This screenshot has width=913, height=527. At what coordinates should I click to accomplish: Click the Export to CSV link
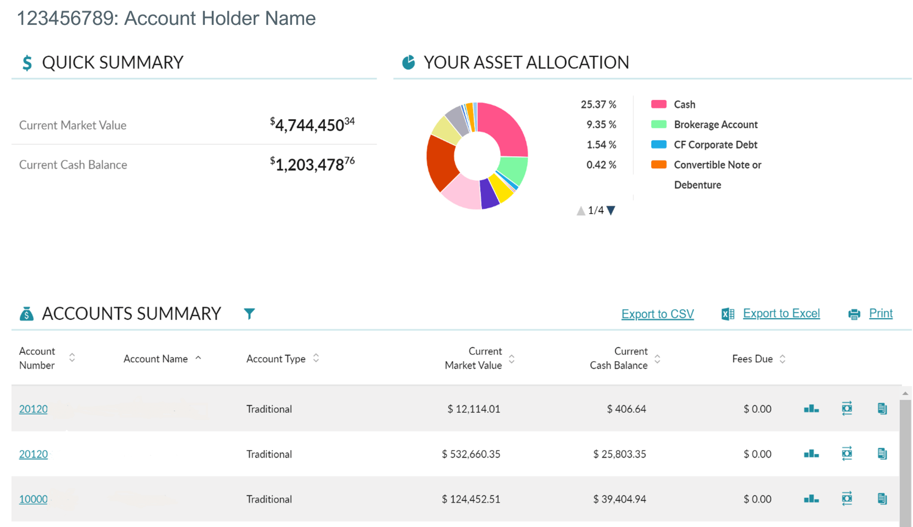point(657,314)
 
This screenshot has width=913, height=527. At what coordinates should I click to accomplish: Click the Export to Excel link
point(781,313)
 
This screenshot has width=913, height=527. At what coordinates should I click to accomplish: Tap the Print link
point(880,313)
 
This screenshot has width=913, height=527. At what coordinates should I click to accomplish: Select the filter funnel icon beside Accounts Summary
point(249,314)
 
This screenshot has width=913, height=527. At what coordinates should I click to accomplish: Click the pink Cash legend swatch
point(659,104)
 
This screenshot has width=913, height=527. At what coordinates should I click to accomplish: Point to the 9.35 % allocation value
point(601,125)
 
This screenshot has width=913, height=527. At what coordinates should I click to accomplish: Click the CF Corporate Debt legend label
point(715,145)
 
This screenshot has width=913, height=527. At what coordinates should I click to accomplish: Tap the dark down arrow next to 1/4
point(611,210)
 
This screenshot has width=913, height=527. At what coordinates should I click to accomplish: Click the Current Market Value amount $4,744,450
point(312,125)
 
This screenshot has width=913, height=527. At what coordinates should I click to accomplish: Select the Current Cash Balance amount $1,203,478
point(312,164)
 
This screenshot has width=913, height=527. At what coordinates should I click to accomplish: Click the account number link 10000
point(33,499)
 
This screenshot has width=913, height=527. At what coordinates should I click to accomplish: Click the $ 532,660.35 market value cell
point(471,454)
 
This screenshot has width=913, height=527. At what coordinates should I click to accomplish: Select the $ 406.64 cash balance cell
point(626,409)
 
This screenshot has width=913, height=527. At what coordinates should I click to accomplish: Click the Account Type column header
point(276,359)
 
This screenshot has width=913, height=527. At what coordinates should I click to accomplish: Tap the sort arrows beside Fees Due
point(782,359)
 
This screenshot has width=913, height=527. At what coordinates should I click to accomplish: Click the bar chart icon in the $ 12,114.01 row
point(811,409)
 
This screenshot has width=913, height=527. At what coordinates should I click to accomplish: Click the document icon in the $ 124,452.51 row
point(882,499)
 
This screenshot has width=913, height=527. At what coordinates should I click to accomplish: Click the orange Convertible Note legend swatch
point(659,165)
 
